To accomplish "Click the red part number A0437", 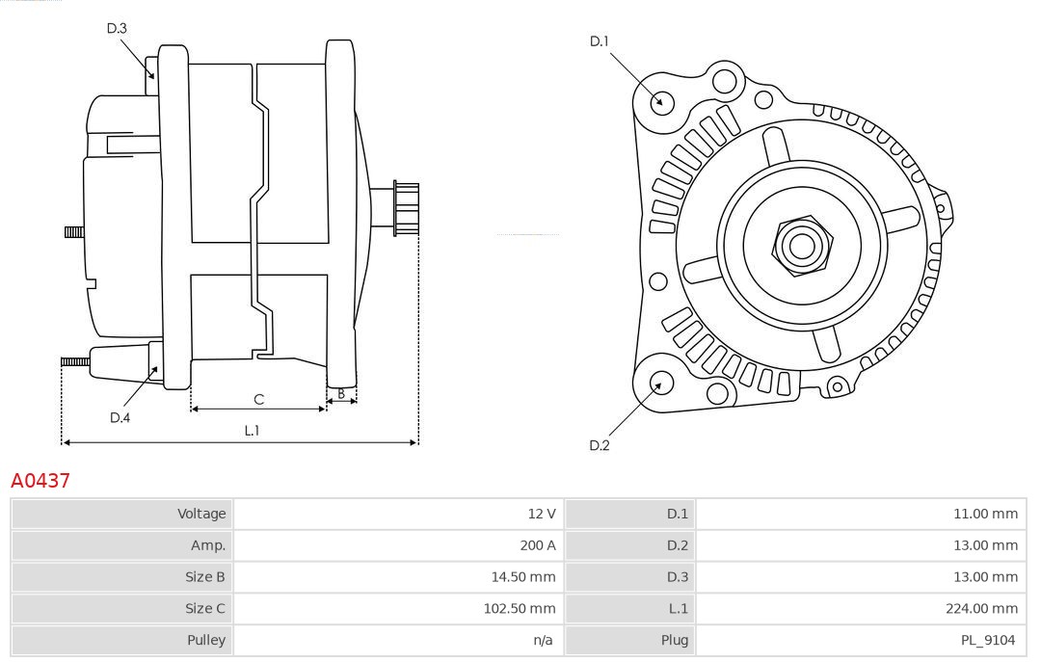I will (x=40, y=480).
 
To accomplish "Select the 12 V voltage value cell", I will (x=543, y=514).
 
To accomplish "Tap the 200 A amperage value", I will (x=538, y=544).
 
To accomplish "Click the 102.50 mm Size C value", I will (x=520, y=608).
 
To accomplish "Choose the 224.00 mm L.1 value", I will (x=980, y=608).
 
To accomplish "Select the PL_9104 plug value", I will (x=989, y=640).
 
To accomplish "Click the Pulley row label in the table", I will (x=206, y=640).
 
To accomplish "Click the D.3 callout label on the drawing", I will (x=117, y=28).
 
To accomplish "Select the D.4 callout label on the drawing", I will (x=120, y=417).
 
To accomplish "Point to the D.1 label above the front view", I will (x=600, y=40).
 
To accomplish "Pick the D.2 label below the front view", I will (x=600, y=445).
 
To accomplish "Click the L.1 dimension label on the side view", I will (x=252, y=431).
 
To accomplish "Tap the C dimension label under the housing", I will (x=258, y=399).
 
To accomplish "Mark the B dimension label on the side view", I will (x=341, y=393).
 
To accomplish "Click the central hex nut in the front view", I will (x=801, y=246).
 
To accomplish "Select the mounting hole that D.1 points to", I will (x=662, y=101).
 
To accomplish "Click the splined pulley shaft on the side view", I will (x=406, y=208).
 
